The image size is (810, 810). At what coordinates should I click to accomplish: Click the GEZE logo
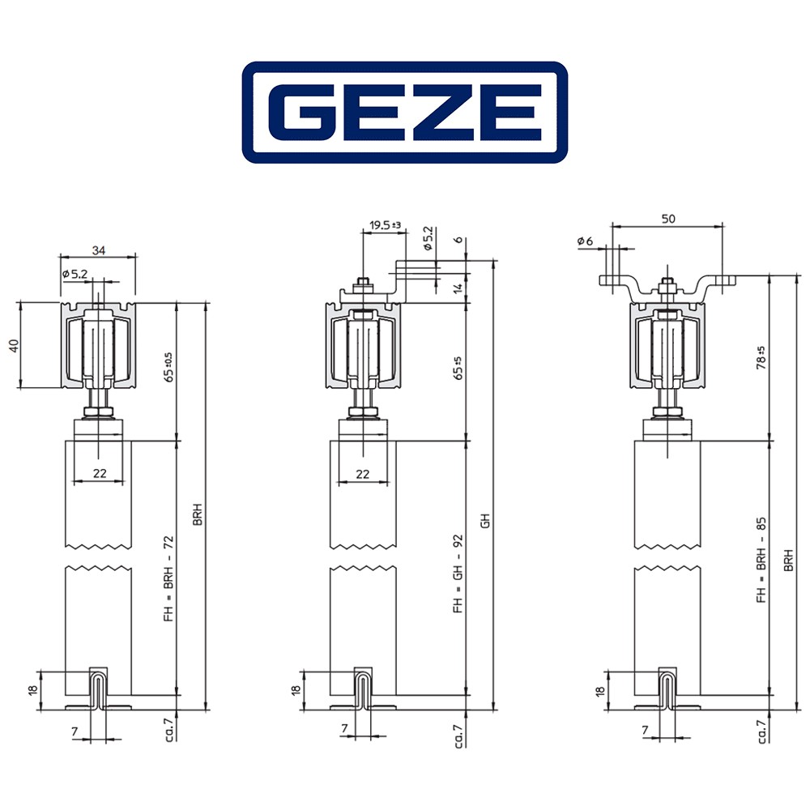coord(404,112)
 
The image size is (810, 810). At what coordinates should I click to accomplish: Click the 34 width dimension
coord(99,250)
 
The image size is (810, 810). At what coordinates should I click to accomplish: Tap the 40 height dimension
coord(14,346)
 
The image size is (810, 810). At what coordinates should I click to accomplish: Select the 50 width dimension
coord(668,219)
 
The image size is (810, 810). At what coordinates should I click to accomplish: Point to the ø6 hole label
coord(585,241)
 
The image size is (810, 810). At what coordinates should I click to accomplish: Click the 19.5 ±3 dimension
coord(386,225)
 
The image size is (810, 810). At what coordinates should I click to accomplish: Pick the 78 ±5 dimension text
coord(761,357)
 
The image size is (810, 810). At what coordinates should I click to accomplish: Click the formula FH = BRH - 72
coord(169,578)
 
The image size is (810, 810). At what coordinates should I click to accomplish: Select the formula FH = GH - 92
coord(458,573)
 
